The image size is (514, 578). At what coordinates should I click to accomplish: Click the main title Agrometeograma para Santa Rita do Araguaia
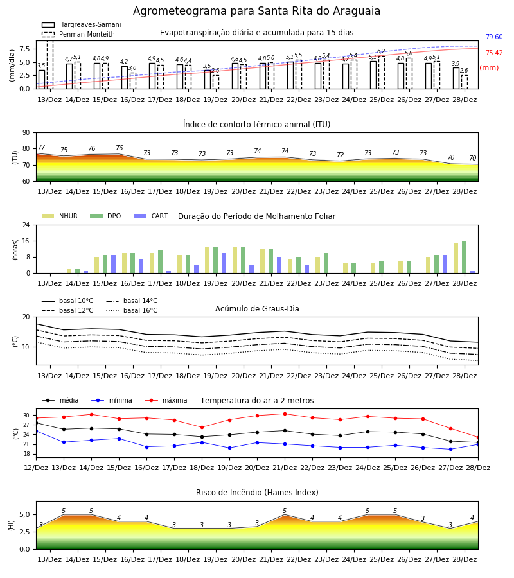coord(256,11)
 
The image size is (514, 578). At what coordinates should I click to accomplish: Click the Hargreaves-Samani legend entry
coord(81,24)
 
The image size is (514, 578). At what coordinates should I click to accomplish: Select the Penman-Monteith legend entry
coord(78,34)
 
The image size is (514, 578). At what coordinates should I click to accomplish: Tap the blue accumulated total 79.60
coord(494,37)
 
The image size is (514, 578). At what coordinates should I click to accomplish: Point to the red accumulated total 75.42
coord(494,53)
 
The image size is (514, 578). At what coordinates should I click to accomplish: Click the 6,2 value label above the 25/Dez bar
coord(381,51)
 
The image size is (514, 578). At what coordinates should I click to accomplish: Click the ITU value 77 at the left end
coord(42,147)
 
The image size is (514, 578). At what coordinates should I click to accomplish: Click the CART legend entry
coord(151,216)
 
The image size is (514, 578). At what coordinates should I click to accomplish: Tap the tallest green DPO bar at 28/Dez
coord(465,257)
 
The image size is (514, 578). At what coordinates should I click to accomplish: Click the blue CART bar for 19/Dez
coord(224,263)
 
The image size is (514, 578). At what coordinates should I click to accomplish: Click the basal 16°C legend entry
coord(132,310)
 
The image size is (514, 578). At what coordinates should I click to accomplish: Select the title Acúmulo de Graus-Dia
coord(257,309)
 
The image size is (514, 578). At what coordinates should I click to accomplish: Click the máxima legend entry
coord(166,400)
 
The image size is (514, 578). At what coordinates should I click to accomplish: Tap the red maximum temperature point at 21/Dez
coord(285,414)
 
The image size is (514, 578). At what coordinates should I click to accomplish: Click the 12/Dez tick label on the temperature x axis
coord(36,468)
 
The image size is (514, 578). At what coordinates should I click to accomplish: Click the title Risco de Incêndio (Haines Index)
coord(257,493)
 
